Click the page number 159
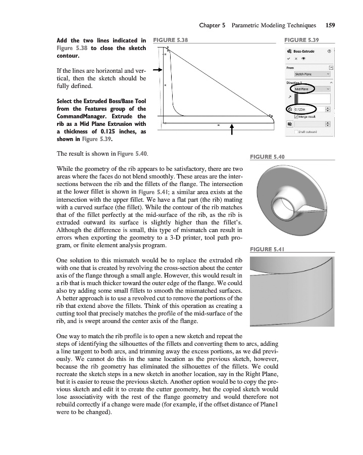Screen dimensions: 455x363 tap(331, 25)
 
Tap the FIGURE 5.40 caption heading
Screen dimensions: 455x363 tap(268, 157)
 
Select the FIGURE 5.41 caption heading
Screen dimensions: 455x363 tap(268, 249)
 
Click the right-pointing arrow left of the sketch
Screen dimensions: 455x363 tap(157, 71)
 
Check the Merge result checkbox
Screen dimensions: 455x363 tap(296, 116)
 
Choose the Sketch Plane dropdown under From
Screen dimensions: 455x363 tap(309, 74)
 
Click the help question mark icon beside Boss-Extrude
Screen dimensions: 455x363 tap(329, 51)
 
